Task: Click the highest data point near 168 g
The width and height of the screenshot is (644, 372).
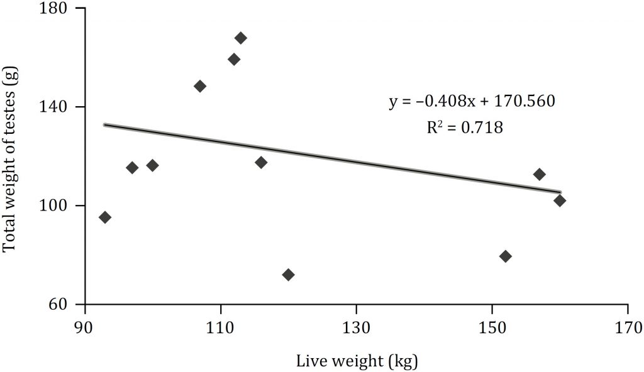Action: click(x=241, y=38)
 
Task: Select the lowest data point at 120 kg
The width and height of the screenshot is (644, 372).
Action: click(x=289, y=275)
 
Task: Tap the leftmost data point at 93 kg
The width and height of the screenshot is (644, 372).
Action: click(x=105, y=217)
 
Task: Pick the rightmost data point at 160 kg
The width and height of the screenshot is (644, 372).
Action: click(x=560, y=200)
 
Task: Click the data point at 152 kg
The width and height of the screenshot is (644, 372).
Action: click(x=506, y=256)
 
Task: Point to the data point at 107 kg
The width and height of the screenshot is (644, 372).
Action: click(x=200, y=86)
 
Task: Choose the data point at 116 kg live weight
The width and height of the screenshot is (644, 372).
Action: click(x=261, y=163)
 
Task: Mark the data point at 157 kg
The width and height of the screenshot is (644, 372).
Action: click(x=540, y=174)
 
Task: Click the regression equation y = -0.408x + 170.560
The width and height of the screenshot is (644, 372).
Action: click(x=472, y=101)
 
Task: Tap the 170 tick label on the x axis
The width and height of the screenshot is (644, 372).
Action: click(x=628, y=327)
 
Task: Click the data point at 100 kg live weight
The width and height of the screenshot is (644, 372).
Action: click(x=152, y=165)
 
